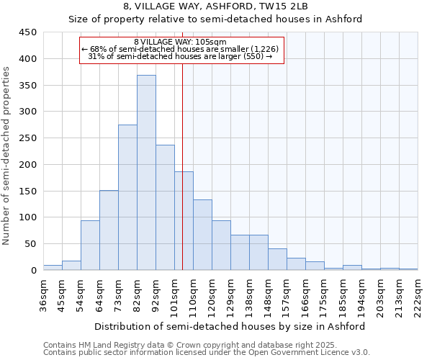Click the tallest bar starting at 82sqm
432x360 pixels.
click(x=146, y=173)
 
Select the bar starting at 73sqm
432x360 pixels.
click(x=127, y=198)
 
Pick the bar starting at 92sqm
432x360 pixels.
click(x=165, y=207)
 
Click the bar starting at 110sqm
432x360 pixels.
click(x=202, y=235)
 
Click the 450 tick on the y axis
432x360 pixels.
click(x=27, y=32)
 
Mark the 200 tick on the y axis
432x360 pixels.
click(x=27, y=165)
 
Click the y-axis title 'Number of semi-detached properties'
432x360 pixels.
click(x=6, y=156)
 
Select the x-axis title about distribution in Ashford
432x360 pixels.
click(x=230, y=326)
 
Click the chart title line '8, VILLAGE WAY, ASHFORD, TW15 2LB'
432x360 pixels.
click(x=216, y=6)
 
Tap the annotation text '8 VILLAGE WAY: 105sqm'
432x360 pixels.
click(x=180, y=42)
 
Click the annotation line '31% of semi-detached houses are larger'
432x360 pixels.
click(x=180, y=56)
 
